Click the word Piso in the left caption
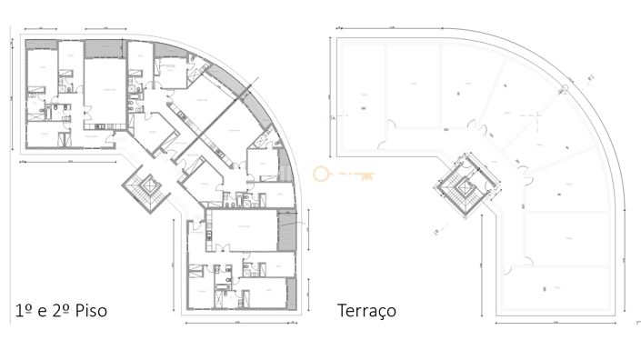89,311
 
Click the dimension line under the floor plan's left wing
68,162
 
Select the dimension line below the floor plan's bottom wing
240,322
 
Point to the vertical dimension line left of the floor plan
13,95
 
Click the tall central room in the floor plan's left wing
105,91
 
